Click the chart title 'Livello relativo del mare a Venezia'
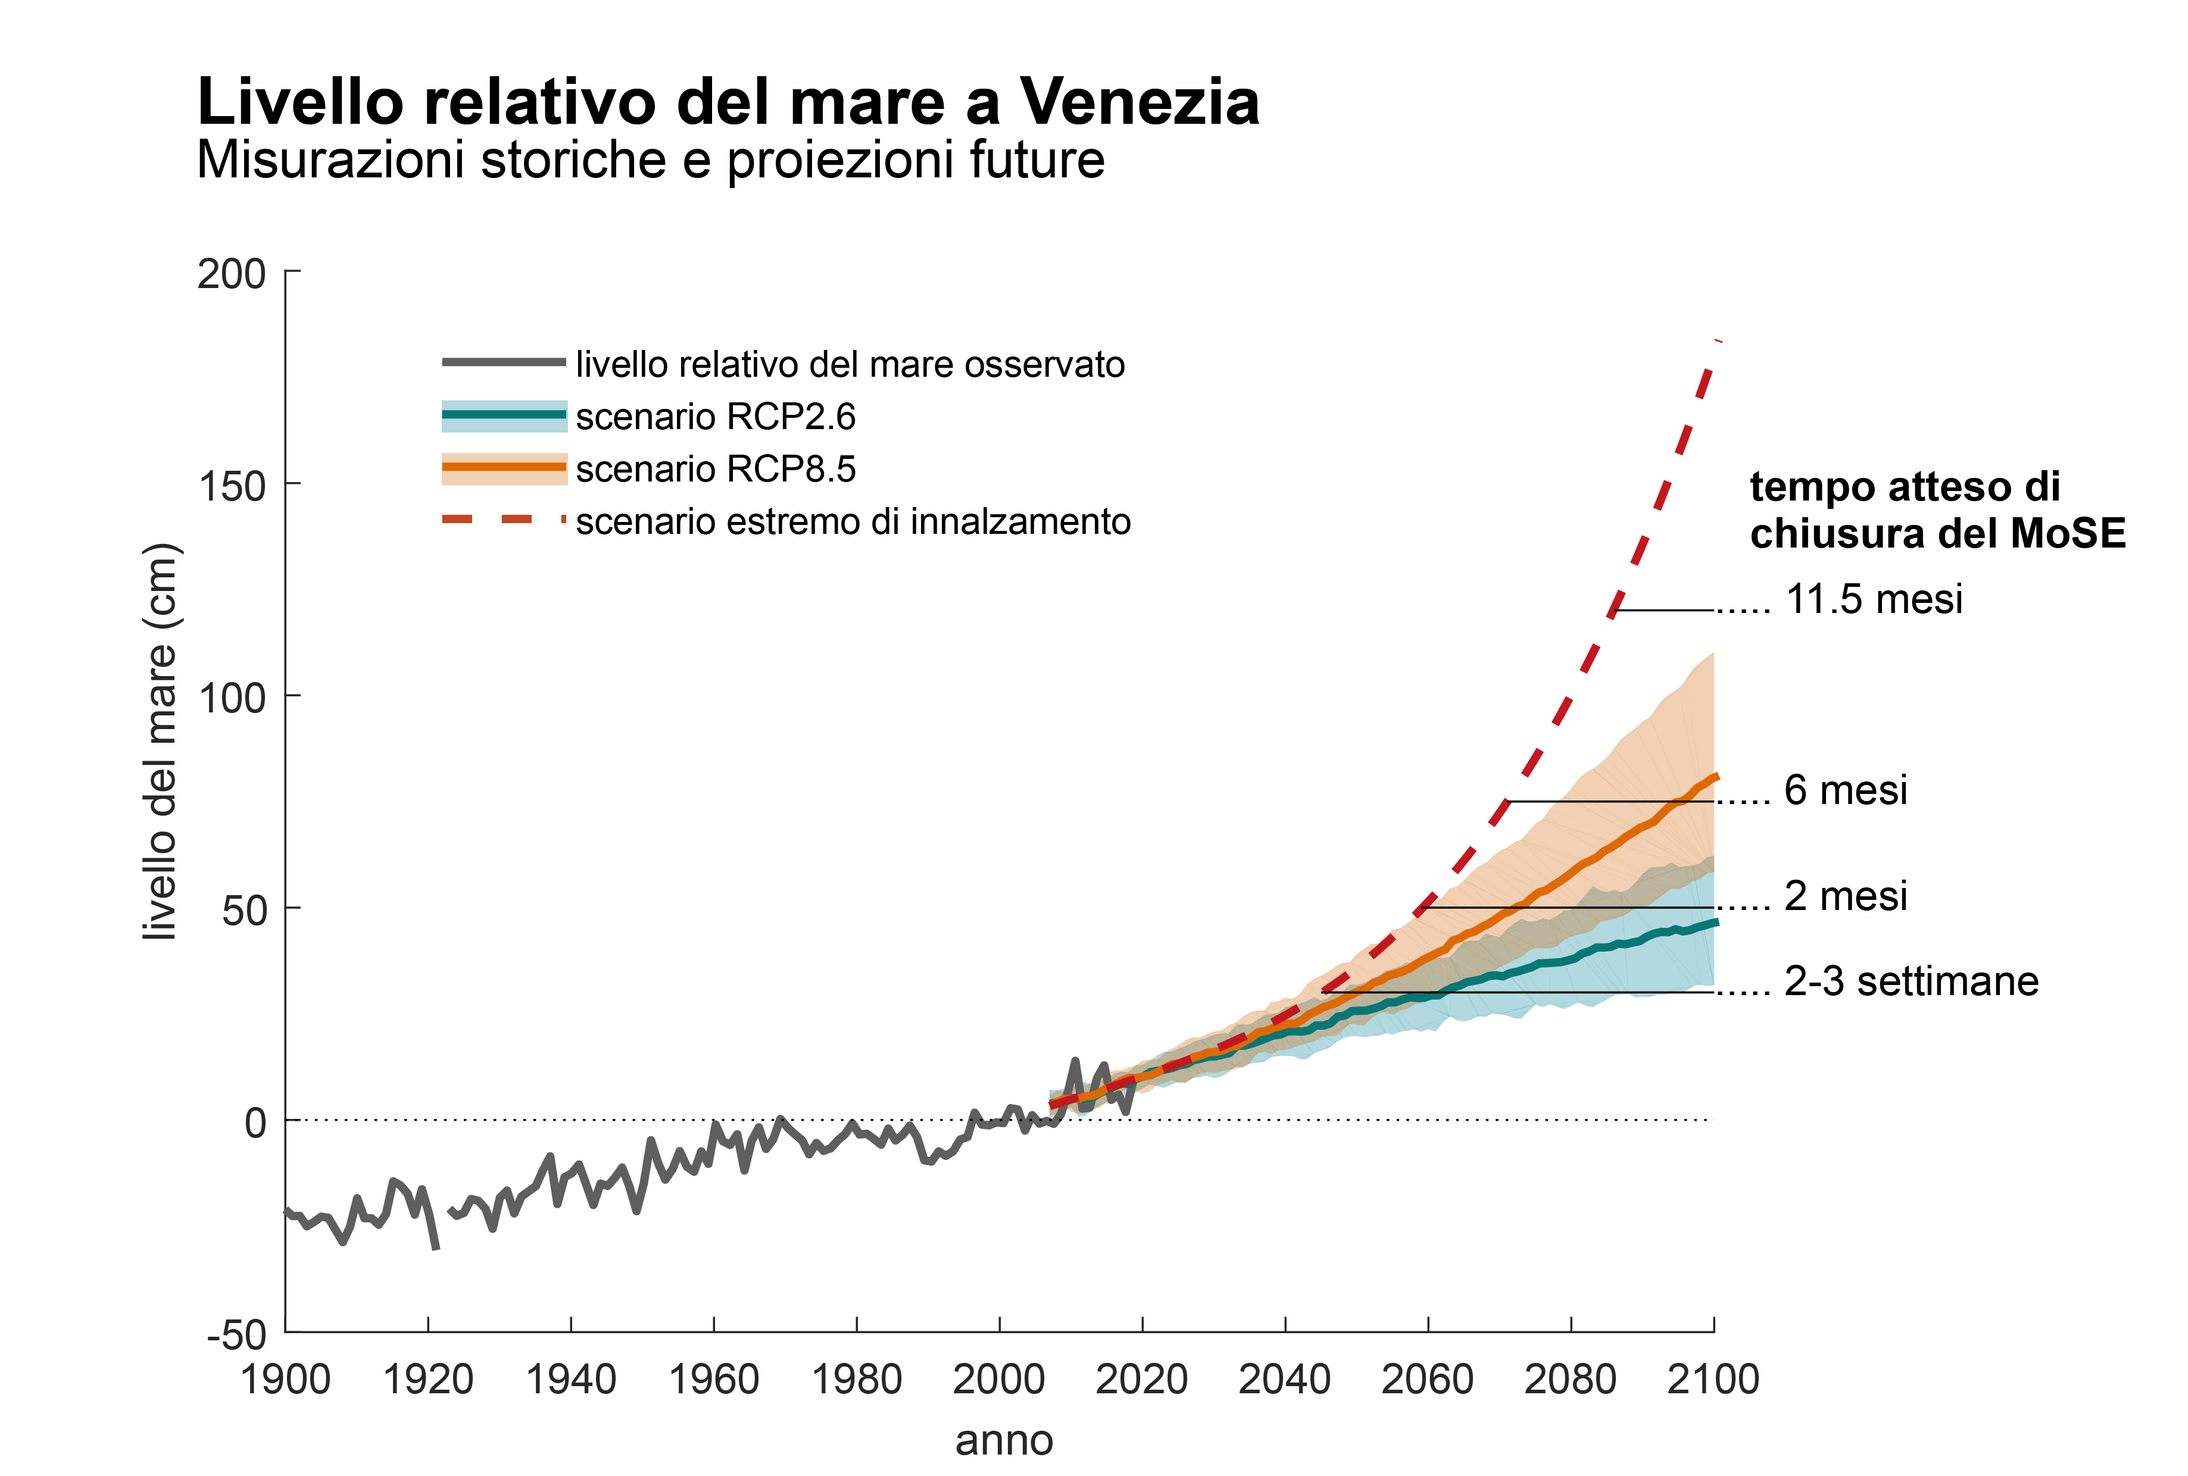[727, 102]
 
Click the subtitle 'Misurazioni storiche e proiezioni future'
[650, 160]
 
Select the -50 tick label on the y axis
[237, 1335]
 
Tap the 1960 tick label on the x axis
[714, 1380]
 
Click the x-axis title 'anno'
[1004, 1441]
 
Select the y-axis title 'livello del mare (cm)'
[160, 742]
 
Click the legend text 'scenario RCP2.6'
[716, 417]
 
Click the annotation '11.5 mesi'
[1874, 600]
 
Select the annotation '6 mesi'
[1845, 791]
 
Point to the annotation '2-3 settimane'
[1911, 982]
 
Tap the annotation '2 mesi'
[1845, 896]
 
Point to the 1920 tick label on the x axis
[429, 1380]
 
